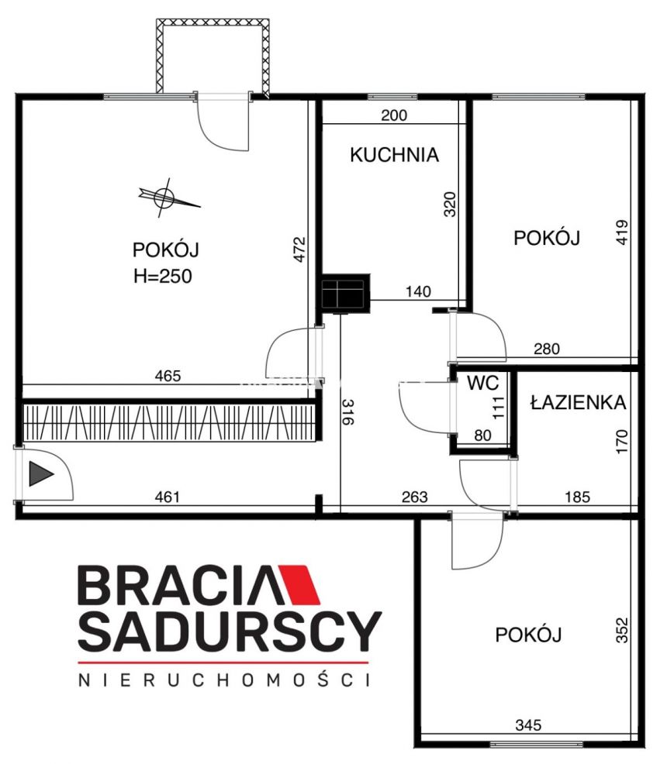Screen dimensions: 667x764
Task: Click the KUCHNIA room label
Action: [x=394, y=155]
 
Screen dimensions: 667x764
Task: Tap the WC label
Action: [x=482, y=383]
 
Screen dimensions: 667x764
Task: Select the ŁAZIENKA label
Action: [x=579, y=402]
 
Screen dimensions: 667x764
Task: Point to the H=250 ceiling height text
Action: [x=162, y=277]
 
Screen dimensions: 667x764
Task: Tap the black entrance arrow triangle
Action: [x=41, y=473]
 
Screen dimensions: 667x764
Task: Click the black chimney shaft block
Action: [x=345, y=294]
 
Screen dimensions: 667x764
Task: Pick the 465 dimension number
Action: [x=168, y=376]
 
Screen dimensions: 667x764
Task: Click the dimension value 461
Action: [x=168, y=497]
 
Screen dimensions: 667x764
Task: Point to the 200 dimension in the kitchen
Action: [x=394, y=115]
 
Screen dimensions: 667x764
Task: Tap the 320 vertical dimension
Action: [x=449, y=204]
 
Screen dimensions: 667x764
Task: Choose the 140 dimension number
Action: [x=418, y=291]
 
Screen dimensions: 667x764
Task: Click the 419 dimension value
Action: [x=622, y=232]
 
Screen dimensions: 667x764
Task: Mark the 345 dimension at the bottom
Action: [x=528, y=725]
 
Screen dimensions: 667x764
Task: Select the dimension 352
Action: [x=622, y=630]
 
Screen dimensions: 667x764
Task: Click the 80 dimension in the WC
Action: [x=482, y=435]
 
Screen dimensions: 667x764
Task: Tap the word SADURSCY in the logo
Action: [x=230, y=631]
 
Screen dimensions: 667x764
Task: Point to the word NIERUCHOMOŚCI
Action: [x=224, y=680]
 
